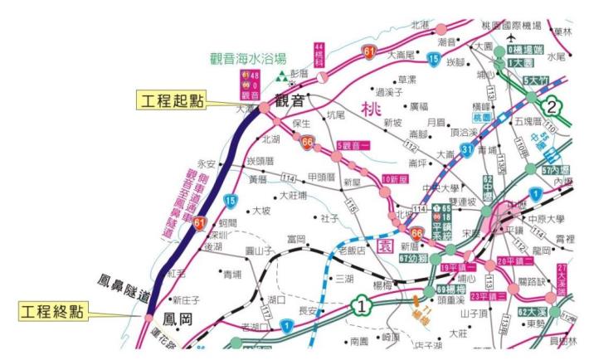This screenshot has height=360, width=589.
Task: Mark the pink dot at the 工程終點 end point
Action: pyautogui.click(x=148, y=316)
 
